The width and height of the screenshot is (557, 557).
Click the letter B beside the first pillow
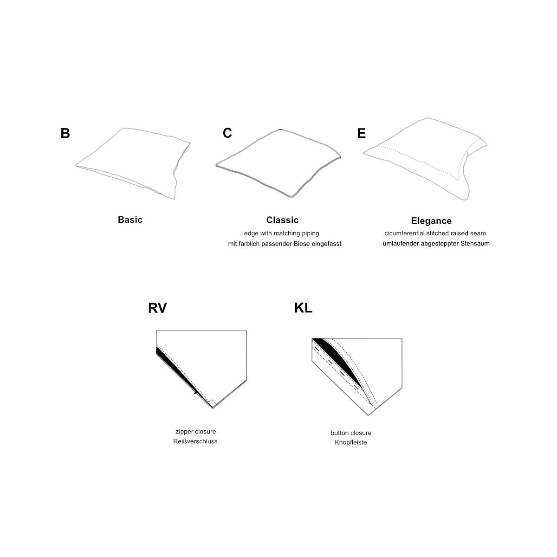[65, 133]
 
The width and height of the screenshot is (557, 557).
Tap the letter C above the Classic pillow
[227, 133]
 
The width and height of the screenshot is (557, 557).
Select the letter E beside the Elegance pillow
[361, 133]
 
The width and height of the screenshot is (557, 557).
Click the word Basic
[130, 220]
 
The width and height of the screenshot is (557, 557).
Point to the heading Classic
[282, 220]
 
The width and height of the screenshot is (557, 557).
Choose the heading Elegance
[431, 221]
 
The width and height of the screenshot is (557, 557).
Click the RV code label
[157, 308]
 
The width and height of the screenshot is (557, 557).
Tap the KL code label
[303, 308]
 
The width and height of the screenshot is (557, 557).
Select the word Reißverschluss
[195, 441]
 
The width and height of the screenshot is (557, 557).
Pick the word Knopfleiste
[351, 442]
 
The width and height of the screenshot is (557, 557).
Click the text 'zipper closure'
[196, 432]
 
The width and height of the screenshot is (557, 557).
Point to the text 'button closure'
[351, 433]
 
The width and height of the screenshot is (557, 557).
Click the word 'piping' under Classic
[311, 233]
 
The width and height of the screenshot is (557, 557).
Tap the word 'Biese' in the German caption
[302, 244]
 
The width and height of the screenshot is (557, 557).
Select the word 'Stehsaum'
[475, 243]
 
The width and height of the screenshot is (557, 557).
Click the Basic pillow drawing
[133, 163]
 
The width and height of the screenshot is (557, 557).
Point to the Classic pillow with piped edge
[278, 163]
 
